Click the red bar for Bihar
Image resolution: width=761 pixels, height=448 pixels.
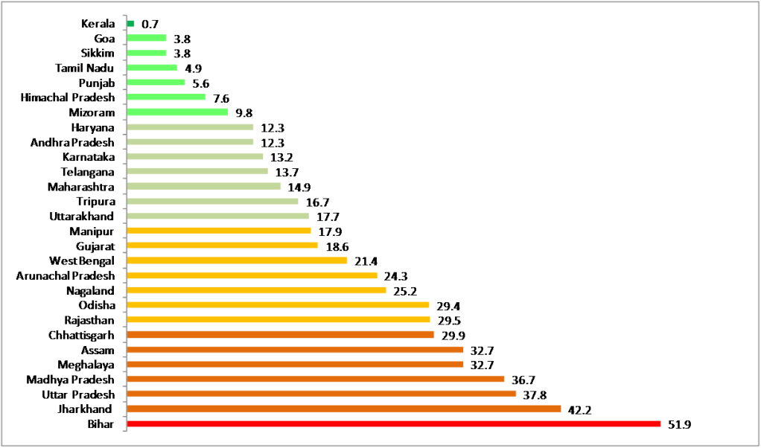tap(394, 424)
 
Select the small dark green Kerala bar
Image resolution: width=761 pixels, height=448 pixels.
tap(131, 24)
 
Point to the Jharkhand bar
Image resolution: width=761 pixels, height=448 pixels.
tap(344, 409)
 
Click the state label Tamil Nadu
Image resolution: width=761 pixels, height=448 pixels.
tap(84, 68)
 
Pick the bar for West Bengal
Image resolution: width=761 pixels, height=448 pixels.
tap(238, 260)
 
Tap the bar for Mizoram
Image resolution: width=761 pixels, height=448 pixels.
tap(177, 112)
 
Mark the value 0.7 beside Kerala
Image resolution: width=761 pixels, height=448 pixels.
tap(150, 24)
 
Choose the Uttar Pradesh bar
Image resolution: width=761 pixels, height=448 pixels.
tap(322, 394)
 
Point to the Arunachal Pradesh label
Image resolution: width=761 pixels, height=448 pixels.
tap(66, 275)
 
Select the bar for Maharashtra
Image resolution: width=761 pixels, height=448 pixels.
tap(204, 187)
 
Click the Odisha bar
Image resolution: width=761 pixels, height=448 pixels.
tap(278, 305)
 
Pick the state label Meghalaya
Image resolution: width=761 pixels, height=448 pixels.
tap(86, 365)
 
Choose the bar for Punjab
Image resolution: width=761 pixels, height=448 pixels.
tap(156, 83)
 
